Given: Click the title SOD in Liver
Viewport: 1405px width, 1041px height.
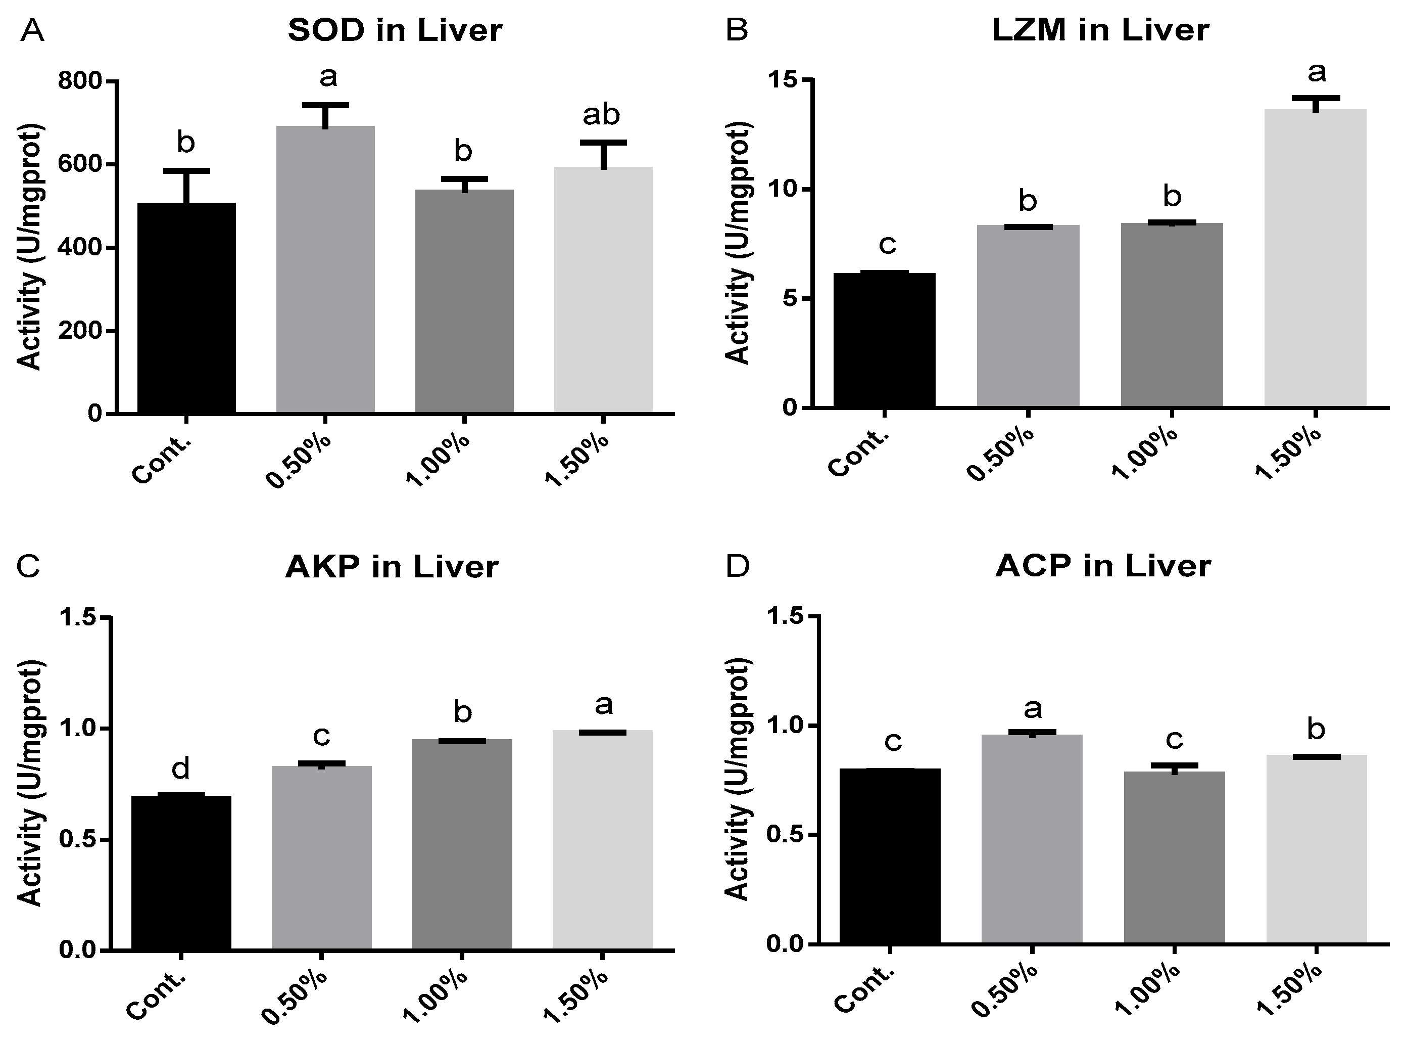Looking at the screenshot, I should [395, 30].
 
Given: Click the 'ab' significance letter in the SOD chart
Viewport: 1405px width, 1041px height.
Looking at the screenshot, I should [601, 115].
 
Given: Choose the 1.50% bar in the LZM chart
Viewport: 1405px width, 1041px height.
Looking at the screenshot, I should [1315, 258].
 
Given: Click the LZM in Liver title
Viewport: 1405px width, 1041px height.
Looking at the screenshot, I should [1100, 30].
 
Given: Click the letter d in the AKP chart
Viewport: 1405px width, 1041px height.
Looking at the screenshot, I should [181, 769].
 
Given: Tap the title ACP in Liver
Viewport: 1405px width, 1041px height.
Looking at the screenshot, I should [1103, 566].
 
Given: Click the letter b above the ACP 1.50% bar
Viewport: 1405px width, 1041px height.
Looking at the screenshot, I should [1316, 730].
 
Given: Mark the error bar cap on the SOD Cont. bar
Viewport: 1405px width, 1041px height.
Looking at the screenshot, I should [186, 171].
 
